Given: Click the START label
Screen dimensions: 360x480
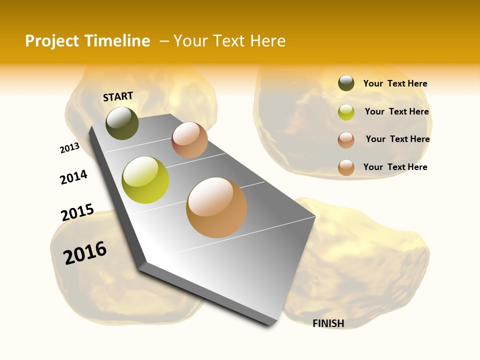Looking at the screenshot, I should pos(118,96).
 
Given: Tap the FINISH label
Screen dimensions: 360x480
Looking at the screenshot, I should pos(328,323).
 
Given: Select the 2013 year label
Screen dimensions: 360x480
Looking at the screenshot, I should pos(69,148).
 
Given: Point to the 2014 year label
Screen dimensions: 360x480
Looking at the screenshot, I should pos(74,177).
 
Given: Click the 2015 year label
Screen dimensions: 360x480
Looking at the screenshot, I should pos(77,212).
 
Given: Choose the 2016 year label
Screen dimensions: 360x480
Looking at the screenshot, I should pos(85,252).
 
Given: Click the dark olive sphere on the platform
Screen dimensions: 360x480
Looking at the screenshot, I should pos(122,123).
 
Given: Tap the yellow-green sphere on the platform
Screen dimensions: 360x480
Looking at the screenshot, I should pos(145,180).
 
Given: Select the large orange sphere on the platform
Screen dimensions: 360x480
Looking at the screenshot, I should pos(216,207).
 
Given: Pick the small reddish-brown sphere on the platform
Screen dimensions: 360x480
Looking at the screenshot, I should pos(189,140).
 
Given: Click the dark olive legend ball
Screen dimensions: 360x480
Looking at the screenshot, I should pos(346,83).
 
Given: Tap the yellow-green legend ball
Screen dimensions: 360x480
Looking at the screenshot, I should pos(346,112).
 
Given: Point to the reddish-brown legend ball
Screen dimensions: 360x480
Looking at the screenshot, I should pos(346,139).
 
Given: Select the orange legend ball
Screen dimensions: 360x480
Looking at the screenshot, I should pos(346,167).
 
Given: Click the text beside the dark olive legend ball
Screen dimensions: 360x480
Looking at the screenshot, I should pos(395,84).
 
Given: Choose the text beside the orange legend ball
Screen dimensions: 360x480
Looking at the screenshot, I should pos(395,167).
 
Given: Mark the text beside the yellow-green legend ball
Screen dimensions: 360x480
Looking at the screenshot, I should pos(396,111).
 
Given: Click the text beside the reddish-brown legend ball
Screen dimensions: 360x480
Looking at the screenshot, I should pos(397,139).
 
